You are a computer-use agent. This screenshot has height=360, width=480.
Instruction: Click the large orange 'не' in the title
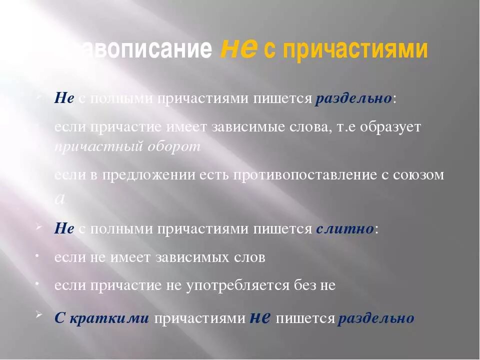pyautogui.click(x=239, y=48)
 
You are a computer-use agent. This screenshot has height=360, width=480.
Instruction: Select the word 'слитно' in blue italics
pyautogui.click(x=345, y=229)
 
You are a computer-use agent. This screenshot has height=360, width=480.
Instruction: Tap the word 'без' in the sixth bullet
pyautogui.click(x=303, y=285)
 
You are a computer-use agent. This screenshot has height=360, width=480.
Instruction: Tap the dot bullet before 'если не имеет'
pyautogui.click(x=38, y=255)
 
